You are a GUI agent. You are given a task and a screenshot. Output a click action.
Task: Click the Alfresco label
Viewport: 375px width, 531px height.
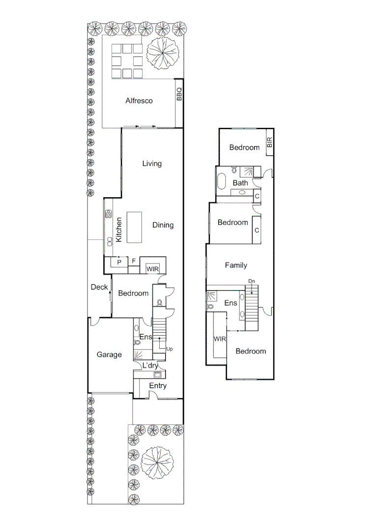point(139,101)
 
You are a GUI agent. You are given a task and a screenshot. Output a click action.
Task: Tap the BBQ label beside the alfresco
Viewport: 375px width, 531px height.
point(179,94)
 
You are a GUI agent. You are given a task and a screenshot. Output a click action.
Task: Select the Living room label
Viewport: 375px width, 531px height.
point(152,163)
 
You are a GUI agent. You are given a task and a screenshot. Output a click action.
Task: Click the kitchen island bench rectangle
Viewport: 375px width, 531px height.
point(134,227)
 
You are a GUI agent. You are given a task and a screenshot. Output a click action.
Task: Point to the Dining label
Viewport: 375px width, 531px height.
point(163,225)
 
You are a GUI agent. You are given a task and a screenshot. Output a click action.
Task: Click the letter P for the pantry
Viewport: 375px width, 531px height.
point(119,262)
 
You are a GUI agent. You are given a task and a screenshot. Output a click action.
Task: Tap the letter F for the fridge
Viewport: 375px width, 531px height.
point(134,261)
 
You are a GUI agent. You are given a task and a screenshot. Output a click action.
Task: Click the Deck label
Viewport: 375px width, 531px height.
point(99,287)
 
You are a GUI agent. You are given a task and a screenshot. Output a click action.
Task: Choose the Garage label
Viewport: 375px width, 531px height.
point(109,354)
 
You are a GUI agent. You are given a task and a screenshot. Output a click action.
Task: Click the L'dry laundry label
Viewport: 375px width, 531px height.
point(150,365)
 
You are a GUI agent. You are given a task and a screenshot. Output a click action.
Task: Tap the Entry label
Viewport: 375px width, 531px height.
point(158,385)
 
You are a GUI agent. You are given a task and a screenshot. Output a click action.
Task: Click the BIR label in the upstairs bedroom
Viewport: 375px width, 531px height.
point(269,143)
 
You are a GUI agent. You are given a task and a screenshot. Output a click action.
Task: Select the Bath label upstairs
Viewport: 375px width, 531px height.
point(240,183)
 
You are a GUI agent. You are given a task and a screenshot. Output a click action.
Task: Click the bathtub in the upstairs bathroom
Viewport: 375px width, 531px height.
point(222,182)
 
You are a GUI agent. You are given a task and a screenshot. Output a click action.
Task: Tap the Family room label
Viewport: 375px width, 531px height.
point(236,265)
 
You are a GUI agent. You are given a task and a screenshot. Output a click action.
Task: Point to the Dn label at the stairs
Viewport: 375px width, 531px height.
point(251,281)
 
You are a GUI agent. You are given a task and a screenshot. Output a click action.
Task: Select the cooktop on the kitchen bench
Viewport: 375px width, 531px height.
point(108,214)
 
